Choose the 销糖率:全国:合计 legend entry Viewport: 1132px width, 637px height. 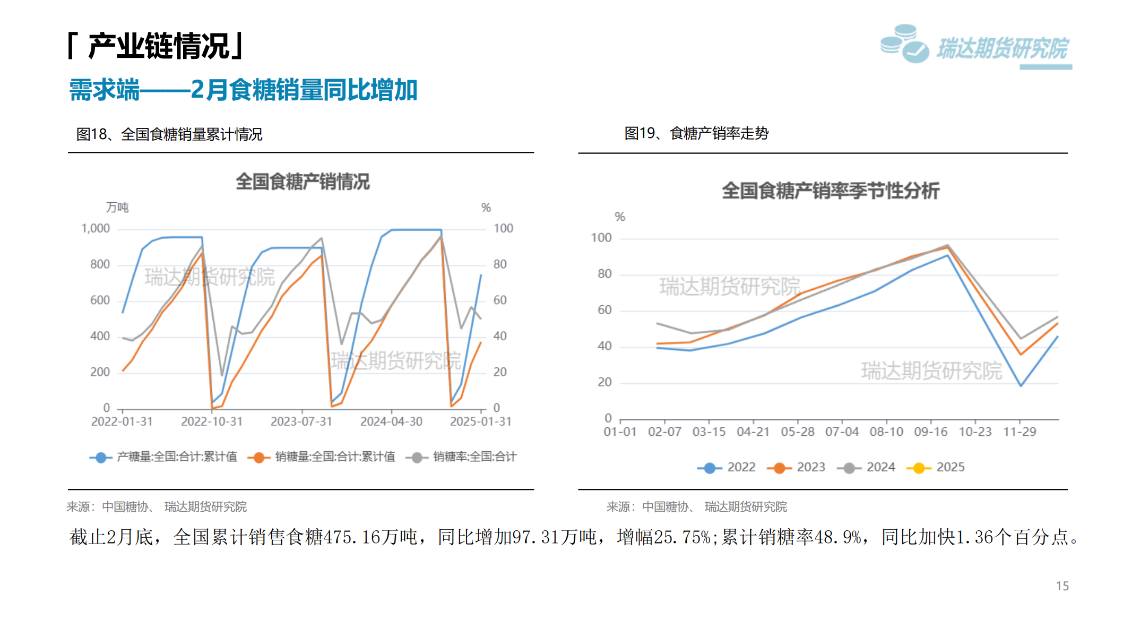tap(461, 457)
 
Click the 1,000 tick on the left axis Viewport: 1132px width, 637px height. tap(96, 229)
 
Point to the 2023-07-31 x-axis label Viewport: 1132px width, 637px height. tap(301, 421)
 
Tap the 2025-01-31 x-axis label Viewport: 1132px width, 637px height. tap(480, 421)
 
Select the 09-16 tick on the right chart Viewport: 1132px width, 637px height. tap(930, 432)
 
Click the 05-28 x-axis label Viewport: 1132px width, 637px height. tap(797, 432)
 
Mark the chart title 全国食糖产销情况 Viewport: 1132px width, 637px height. tap(303, 182)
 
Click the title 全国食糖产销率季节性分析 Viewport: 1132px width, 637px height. tap(830, 191)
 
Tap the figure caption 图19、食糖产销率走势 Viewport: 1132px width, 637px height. tap(696, 133)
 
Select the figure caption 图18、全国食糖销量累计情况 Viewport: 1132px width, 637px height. tap(169, 134)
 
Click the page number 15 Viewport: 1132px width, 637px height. tap(1062, 586)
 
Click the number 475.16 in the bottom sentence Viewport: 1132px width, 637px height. tap(352, 537)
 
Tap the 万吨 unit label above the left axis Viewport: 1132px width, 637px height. tap(117, 208)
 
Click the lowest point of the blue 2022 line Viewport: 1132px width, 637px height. tap(1021, 385)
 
